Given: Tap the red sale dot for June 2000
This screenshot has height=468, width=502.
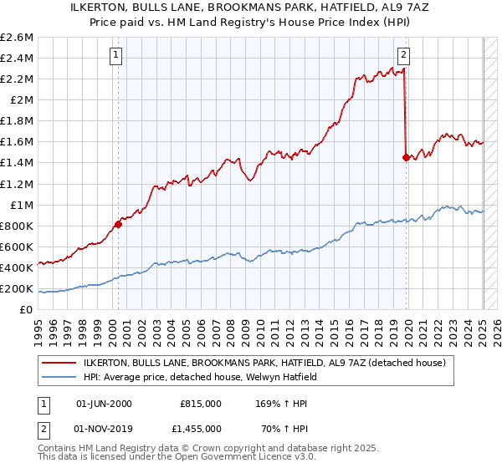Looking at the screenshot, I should [x=118, y=224].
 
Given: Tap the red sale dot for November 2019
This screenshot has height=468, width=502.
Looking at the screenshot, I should [x=406, y=156].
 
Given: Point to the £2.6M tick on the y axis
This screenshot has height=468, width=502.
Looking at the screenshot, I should [x=18, y=37].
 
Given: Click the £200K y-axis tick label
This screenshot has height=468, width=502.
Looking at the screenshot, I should [x=18, y=289].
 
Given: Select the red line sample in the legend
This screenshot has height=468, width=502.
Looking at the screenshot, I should [x=60, y=363].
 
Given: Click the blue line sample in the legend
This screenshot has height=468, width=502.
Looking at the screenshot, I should [x=60, y=377].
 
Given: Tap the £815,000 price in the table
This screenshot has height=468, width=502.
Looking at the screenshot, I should [x=201, y=403].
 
